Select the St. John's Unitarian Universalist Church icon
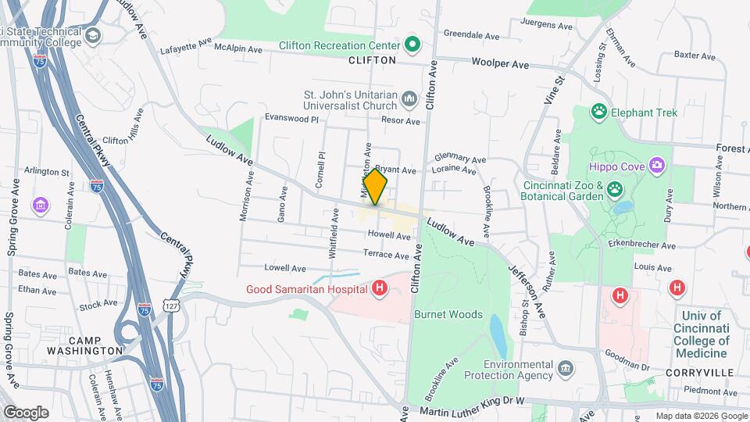point(409,99)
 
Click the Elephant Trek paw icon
point(599,112)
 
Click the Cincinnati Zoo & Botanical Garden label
point(563,191)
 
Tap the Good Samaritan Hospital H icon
point(380,289)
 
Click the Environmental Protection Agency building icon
point(565,367)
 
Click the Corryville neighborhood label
point(697,373)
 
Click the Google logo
point(26,412)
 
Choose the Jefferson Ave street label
point(523,281)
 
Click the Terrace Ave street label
point(386,255)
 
